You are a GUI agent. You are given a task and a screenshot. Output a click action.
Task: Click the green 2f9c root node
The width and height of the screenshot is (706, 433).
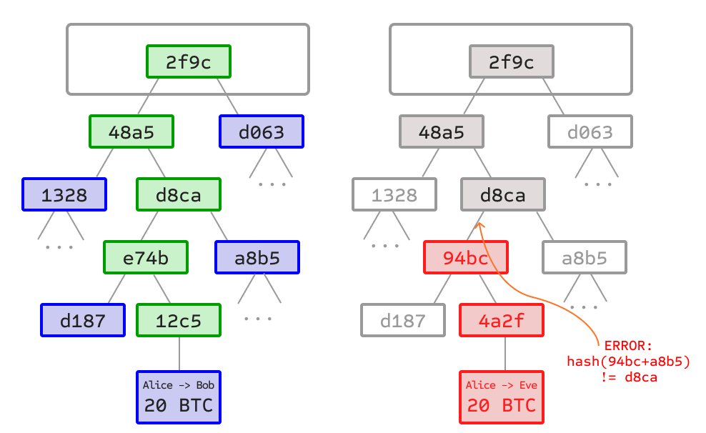click(189, 62)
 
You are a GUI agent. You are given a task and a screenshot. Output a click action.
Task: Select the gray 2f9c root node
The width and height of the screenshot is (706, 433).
click(512, 62)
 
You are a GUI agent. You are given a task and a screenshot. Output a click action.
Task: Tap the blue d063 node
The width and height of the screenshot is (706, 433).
click(262, 132)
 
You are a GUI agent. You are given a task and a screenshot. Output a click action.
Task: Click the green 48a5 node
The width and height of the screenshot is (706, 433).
click(131, 132)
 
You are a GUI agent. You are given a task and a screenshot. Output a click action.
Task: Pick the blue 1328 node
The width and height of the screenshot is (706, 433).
click(64, 195)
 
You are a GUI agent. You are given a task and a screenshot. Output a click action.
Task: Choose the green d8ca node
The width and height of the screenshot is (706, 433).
click(179, 195)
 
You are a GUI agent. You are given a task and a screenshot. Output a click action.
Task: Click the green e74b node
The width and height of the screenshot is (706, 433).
click(146, 258)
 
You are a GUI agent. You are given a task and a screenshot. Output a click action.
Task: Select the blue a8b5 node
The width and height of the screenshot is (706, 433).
click(257, 258)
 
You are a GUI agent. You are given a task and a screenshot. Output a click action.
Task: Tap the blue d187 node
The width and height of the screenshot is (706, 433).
click(83, 321)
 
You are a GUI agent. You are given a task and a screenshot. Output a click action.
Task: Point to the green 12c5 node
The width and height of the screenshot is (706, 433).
click(179, 321)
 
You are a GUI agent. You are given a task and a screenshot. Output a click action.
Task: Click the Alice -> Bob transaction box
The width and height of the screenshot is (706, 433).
click(179, 397)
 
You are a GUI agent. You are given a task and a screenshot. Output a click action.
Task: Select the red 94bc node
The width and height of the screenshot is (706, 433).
click(466, 258)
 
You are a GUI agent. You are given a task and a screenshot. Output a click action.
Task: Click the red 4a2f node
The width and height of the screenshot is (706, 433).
click(502, 321)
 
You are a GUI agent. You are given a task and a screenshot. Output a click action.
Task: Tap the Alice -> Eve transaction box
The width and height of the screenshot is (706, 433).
click(502, 397)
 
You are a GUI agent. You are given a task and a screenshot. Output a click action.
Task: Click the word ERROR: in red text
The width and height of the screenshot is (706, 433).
click(628, 346)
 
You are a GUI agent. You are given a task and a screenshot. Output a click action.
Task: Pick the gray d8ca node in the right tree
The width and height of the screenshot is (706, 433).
click(503, 195)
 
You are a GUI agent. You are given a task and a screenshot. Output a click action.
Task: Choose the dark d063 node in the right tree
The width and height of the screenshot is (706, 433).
click(590, 132)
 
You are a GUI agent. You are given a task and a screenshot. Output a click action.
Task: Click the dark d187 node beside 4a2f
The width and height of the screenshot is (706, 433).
click(403, 321)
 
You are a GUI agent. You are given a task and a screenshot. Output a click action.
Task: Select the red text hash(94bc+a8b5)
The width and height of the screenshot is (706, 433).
click(628, 362)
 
